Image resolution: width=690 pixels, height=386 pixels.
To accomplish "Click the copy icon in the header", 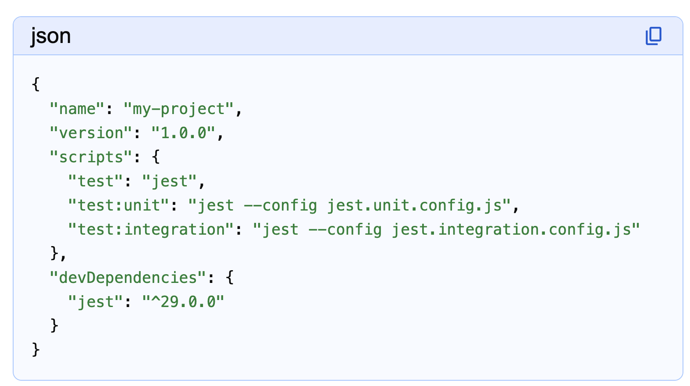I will pos(653,36).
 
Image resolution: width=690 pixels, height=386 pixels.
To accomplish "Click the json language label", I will pos(50,36).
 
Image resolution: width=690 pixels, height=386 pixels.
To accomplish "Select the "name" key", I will pos(77,109).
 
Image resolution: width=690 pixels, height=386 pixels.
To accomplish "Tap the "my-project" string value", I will pos(178,109).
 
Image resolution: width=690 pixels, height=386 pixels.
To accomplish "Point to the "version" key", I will pos(91,133).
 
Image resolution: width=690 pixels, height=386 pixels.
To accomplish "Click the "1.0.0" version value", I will pos(183,133).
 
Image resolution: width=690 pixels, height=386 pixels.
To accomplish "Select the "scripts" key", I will pos(91,157).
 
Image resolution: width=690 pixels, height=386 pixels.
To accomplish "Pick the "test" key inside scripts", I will pos(96,181).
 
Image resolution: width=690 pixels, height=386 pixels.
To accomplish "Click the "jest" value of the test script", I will pos(169,181).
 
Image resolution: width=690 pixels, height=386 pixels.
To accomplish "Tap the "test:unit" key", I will pos(118,205).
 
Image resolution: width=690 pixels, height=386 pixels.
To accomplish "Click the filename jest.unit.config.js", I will pos(415,205).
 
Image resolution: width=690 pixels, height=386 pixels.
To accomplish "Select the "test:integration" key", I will pos(151,229).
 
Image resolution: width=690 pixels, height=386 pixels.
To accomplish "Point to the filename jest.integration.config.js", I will pos(511,229).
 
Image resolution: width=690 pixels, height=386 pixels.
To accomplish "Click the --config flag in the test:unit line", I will pos(280,205).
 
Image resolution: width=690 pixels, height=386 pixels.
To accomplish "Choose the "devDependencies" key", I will pos(128,278).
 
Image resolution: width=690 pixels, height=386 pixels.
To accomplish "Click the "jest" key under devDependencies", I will pos(96,302).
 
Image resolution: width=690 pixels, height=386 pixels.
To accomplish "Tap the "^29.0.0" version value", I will pos(183,302).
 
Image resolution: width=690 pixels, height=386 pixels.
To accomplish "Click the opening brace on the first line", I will pos(36,85).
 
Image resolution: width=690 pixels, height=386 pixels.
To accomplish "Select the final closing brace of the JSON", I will pos(36,350).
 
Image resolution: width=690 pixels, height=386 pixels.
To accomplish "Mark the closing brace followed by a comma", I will pos(55,254).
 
